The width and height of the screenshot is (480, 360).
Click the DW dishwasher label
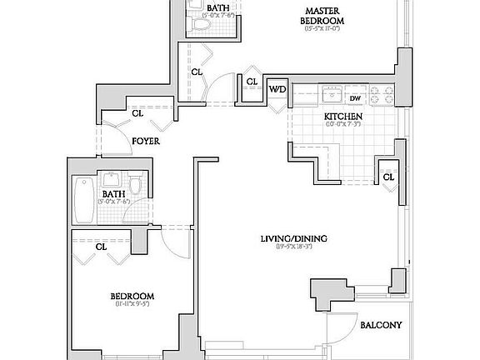(x=354, y=97)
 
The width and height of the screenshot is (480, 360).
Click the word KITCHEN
(x=342, y=117)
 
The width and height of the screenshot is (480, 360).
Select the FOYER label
(x=146, y=142)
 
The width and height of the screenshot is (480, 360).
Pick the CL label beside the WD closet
(x=251, y=81)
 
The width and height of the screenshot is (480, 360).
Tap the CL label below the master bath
(x=196, y=72)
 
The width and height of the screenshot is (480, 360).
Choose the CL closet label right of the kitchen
(x=387, y=176)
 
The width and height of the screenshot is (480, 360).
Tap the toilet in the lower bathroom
(x=135, y=182)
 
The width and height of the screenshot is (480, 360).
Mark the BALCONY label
(x=382, y=325)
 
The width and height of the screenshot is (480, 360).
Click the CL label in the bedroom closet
(x=101, y=247)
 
